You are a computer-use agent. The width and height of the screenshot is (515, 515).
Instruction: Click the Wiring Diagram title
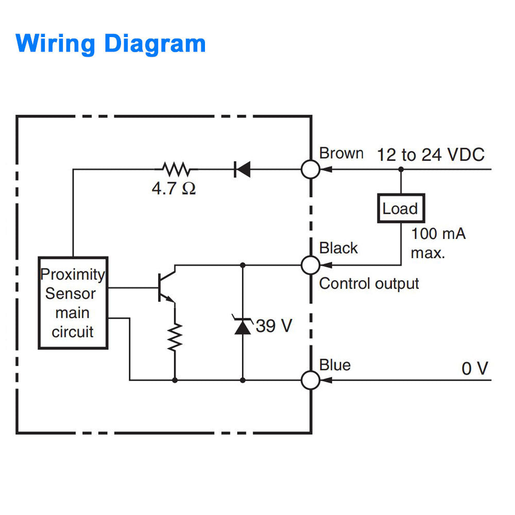(111, 43)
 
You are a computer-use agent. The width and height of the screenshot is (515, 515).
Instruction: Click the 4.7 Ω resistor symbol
(176, 169)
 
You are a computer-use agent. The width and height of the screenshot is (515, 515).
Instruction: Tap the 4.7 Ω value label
(174, 188)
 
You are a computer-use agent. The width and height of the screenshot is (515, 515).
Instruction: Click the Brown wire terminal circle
(310, 169)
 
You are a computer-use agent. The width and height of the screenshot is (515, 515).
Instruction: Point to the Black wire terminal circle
(310, 265)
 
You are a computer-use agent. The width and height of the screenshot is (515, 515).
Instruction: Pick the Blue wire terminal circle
(310, 380)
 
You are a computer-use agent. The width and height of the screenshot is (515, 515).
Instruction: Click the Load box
(401, 209)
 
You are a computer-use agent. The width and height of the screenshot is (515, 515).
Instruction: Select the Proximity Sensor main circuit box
(73, 303)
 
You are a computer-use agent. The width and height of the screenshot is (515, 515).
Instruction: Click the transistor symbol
(166, 286)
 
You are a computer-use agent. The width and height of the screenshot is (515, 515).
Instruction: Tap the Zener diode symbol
(243, 325)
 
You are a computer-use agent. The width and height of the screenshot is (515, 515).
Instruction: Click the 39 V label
(274, 325)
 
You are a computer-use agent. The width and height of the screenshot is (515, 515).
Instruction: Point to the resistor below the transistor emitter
(175, 337)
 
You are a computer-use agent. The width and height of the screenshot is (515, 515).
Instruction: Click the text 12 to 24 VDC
(431, 154)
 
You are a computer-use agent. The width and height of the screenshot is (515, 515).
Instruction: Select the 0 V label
(474, 368)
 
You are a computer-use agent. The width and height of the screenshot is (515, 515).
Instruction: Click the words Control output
(369, 283)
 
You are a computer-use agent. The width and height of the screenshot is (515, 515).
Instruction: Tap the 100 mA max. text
(438, 243)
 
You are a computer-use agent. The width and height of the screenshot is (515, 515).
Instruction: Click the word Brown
(341, 153)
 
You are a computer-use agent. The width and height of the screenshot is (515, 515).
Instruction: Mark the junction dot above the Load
(401, 169)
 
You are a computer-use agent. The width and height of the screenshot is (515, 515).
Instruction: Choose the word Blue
(335, 365)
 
